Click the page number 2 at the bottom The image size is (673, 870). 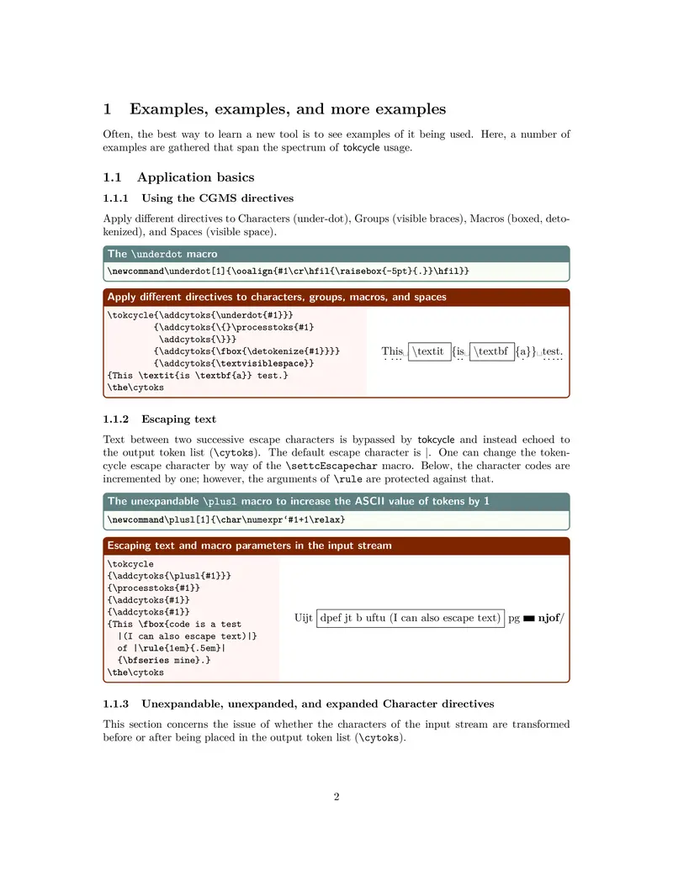point(336,797)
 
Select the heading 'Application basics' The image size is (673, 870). point(195,177)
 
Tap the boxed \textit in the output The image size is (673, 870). point(429,351)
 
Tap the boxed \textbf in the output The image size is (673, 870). point(490,351)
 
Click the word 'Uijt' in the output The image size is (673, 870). point(304,618)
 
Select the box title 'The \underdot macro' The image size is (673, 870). point(162,254)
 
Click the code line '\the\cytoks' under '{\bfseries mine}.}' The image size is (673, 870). point(135,672)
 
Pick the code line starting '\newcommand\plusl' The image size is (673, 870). point(226,519)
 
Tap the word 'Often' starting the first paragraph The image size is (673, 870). point(118,134)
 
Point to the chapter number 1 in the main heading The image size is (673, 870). point(108,108)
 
